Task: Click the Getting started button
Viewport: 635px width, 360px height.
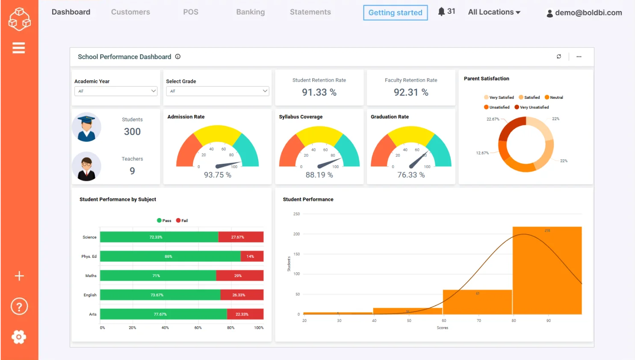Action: (395, 13)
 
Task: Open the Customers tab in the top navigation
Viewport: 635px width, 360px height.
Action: (130, 12)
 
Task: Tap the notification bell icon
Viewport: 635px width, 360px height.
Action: (441, 12)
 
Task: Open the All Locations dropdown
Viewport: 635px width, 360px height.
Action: (494, 12)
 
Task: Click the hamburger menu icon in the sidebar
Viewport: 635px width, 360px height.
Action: (19, 48)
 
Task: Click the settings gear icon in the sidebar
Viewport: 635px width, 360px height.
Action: (19, 337)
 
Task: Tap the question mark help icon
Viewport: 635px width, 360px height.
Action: (19, 307)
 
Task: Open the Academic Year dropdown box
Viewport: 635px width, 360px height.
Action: (116, 91)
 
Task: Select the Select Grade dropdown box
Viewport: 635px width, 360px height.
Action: (217, 91)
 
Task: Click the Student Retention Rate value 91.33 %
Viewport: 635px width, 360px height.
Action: (319, 92)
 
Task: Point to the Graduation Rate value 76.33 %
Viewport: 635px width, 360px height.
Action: (411, 175)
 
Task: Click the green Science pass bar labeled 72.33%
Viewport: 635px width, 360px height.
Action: (159, 237)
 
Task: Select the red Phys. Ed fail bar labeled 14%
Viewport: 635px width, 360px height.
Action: (252, 257)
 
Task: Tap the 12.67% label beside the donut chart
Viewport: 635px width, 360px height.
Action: (482, 153)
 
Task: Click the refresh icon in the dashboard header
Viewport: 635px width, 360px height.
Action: (559, 56)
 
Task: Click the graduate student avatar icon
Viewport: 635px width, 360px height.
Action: (86, 127)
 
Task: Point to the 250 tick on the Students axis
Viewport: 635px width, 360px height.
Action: (296, 214)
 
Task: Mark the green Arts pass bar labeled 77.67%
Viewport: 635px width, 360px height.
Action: (163, 314)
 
